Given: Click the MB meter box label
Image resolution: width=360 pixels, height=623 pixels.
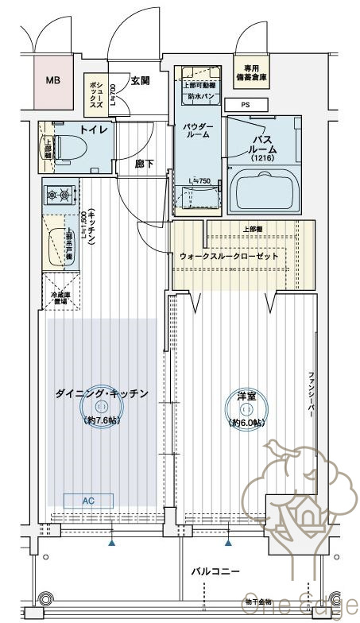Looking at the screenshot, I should tap(52, 80).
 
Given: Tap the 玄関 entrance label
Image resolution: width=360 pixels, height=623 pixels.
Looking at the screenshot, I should tap(141, 79).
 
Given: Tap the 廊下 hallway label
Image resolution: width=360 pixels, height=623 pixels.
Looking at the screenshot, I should tap(145, 164).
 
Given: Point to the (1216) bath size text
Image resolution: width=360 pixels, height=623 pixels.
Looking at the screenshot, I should tap(262, 158).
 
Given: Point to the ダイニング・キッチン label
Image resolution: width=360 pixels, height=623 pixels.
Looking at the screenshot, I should tap(102, 393).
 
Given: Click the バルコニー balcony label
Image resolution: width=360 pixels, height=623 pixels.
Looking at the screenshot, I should tap(215, 571).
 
